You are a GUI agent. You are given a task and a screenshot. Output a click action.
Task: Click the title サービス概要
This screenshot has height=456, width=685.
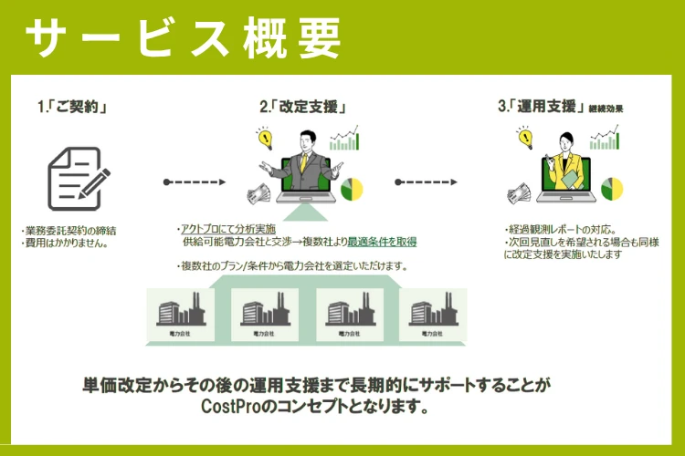[x=183, y=39]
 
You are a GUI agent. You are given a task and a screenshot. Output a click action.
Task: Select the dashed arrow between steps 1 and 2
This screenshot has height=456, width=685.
[x=195, y=181]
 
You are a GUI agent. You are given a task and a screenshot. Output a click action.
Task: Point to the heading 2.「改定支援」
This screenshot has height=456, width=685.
[x=302, y=108]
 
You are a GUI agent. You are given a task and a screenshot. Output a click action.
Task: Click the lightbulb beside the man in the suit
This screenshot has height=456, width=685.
[x=266, y=140]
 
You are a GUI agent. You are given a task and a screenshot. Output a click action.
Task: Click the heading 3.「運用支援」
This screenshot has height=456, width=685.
[x=543, y=108]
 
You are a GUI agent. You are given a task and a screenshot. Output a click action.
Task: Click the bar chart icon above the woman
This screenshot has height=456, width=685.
[x=604, y=139]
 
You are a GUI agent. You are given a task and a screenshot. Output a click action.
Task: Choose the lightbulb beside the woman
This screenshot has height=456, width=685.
[x=524, y=138]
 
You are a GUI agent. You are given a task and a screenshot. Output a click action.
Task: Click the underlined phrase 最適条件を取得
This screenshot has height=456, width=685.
[x=384, y=242]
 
